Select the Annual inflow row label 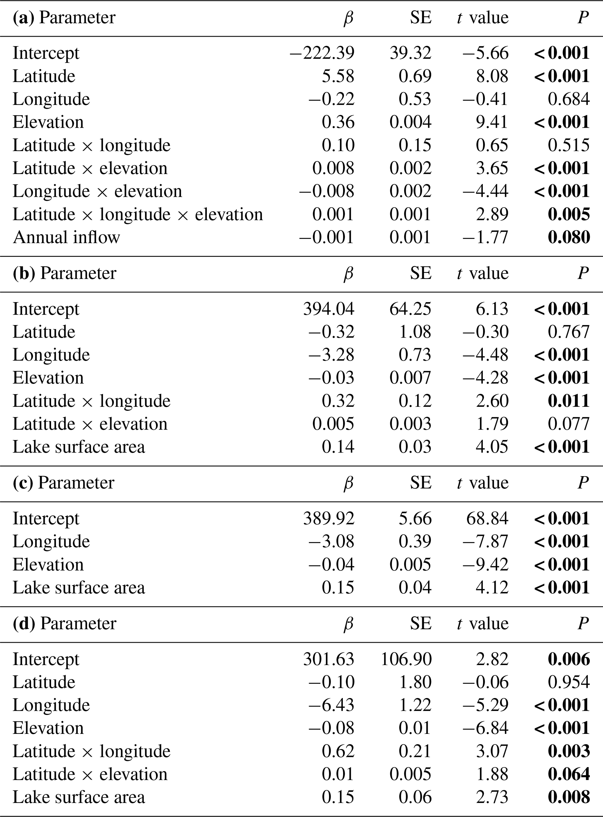point(67,237)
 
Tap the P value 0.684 point(568,99)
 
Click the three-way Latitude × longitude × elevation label point(138,215)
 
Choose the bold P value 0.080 point(568,237)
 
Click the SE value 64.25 point(410,309)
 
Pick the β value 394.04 point(328,309)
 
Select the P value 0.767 point(568,332)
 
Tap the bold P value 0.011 point(568,401)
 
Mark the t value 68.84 point(487,518)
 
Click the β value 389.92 point(328,518)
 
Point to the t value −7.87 point(485,541)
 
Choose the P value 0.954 point(568,682)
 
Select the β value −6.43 point(331,705)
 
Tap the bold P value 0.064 point(568,774)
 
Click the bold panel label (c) point(23,483)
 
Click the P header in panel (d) point(583,623)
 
